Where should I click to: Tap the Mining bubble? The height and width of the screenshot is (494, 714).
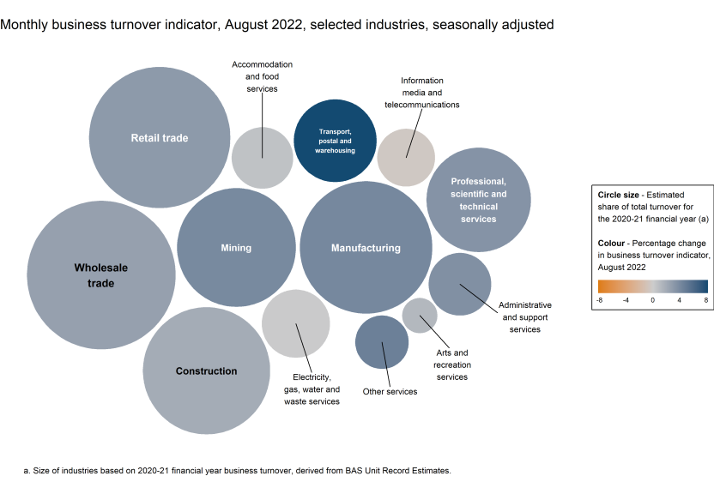point(236,248)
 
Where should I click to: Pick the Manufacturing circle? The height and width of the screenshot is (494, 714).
point(366,248)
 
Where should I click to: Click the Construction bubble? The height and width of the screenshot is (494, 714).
point(206,370)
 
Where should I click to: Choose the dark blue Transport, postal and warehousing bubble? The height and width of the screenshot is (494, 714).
point(335,142)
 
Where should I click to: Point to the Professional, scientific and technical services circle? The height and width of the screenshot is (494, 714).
point(478,200)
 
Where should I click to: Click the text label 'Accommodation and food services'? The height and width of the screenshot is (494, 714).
point(263,76)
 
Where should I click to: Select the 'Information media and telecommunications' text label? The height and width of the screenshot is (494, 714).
point(421,93)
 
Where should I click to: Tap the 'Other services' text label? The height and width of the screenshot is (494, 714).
point(390,392)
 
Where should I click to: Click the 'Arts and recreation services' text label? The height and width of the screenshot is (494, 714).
point(451,364)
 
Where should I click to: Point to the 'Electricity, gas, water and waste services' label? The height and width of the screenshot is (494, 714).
point(311,389)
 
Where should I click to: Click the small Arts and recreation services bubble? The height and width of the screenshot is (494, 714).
point(420,315)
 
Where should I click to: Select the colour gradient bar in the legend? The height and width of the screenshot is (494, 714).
point(652,286)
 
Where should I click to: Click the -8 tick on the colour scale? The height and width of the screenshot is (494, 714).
point(600,300)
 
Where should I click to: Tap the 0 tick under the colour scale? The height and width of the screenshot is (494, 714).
point(652,300)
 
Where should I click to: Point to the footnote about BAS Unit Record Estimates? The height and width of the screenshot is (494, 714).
point(237,471)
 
